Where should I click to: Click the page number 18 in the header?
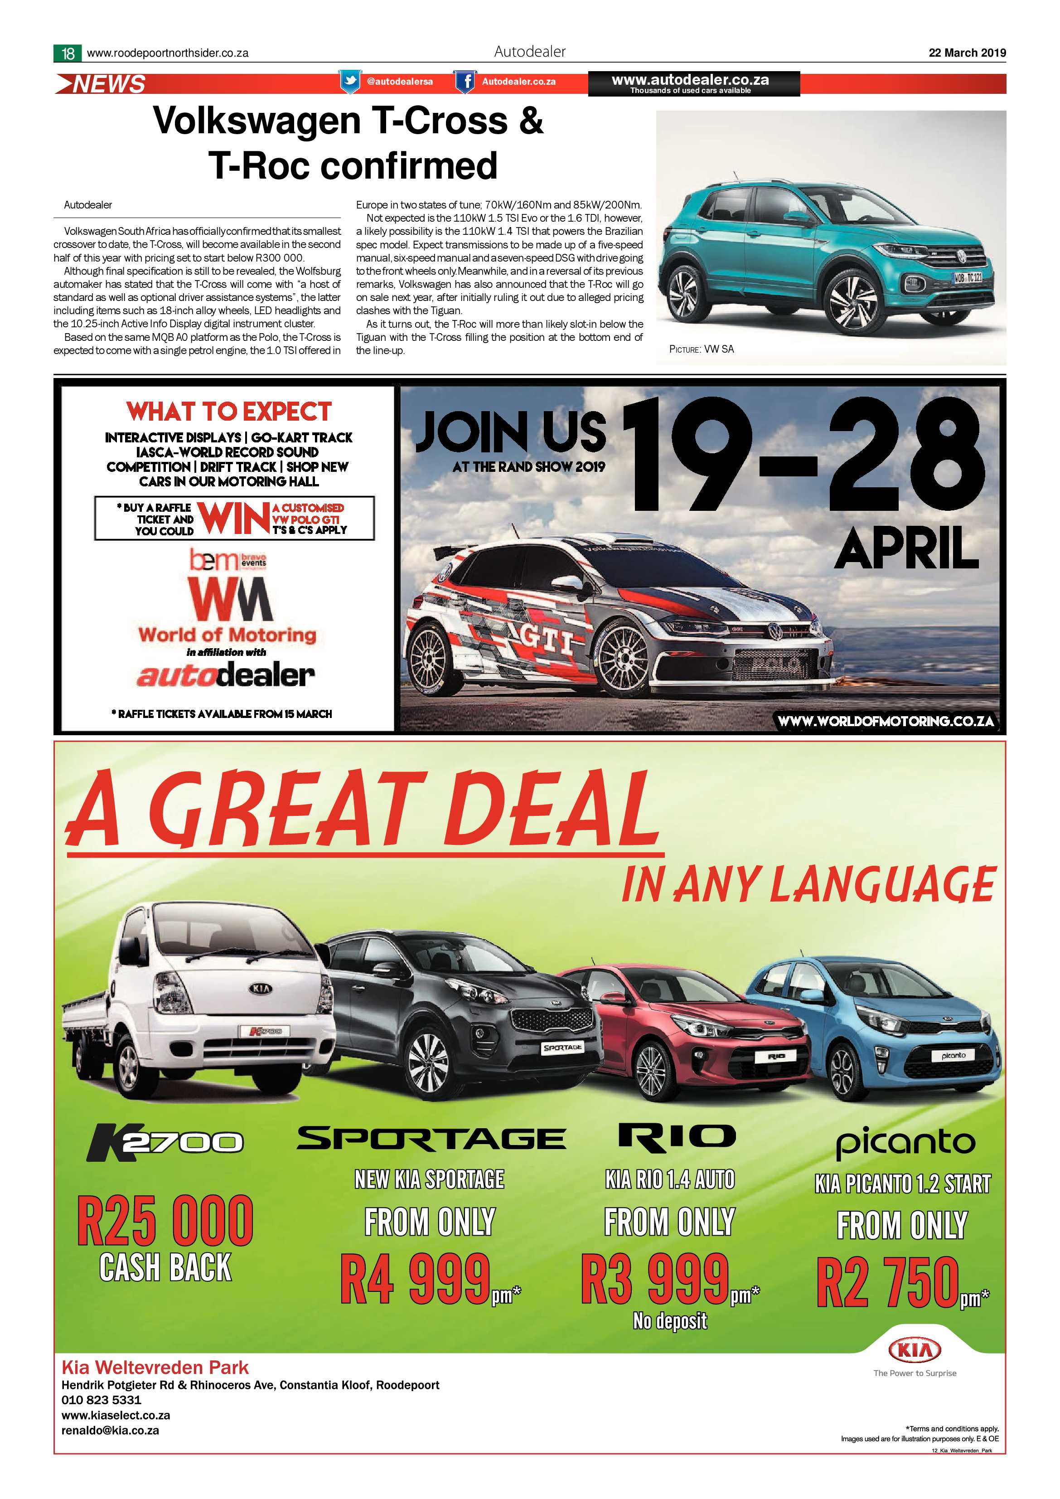pyautogui.click(x=68, y=53)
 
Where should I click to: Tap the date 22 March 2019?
pyautogui.click(x=967, y=53)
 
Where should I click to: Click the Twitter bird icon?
pyautogui.click(x=350, y=82)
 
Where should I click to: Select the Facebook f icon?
pyautogui.click(x=465, y=82)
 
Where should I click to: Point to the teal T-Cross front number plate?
pyautogui.click(x=968, y=277)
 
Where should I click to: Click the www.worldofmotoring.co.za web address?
pyautogui.click(x=886, y=721)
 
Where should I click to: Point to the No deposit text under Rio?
pyautogui.click(x=670, y=1321)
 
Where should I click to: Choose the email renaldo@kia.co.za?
pyautogui.click(x=110, y=1430)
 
